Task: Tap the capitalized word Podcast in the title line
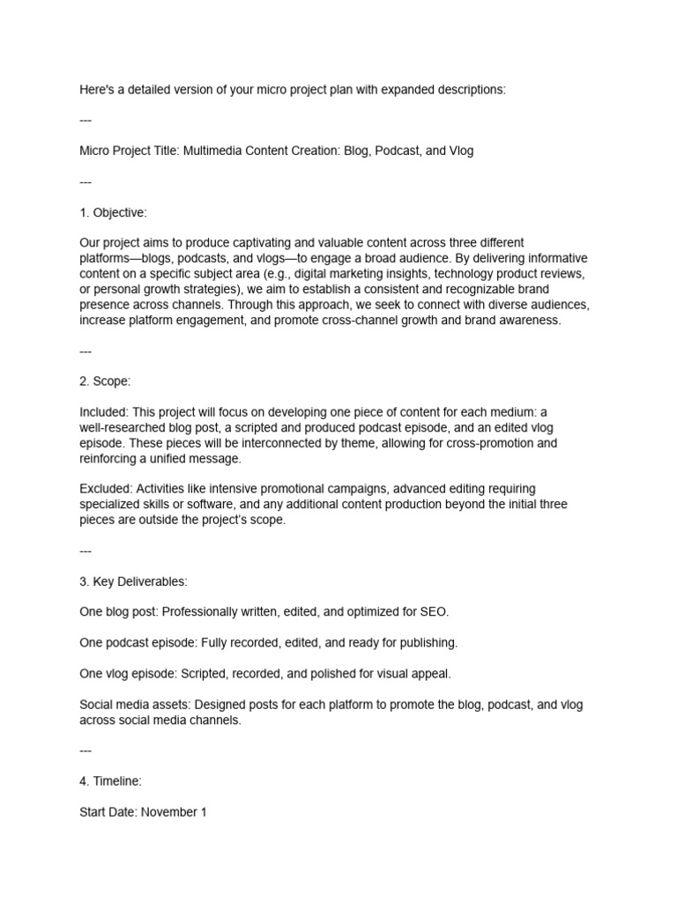point(395,151)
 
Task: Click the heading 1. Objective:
point(114,212)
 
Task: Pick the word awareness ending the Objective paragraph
point(525,321)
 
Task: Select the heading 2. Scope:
point(106,381)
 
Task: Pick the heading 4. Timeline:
point(110,780)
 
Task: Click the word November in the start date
point(169,812)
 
